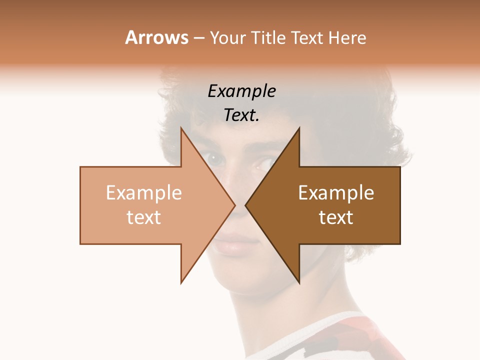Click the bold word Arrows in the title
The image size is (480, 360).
click(x=156, y=37)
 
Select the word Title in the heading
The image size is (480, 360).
click(x=267, y=38)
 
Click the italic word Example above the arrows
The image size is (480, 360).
click(x=241, y=91)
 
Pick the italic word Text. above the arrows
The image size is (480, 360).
click(x=241, y=115)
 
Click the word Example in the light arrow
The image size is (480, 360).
click(x=143, y=193)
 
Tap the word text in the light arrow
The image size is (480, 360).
click(x=143, y=217)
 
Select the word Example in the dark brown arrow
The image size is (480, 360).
click(x=336, y=193)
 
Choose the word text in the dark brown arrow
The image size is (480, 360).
click(x=336, y=217)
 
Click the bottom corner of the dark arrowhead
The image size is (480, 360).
click(x=299, y=282)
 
